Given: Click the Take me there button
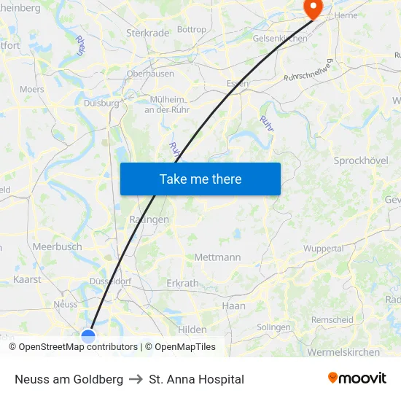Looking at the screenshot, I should tap(200, 179).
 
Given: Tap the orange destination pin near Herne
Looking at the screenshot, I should tap(313, 9).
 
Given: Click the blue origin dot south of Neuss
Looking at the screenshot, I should tap(88, 336).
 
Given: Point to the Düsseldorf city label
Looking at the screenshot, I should tap(109, 281).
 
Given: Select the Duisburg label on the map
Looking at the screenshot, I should tap(101, 104).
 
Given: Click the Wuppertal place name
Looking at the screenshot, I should tap(323, 249).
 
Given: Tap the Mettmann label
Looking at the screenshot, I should tap(217, 257).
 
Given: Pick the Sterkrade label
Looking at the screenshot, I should tap(147, 33).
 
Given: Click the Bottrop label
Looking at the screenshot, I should tap(192, 30).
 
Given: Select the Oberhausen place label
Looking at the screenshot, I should tap(150, 74).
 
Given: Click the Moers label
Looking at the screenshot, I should tap(31, 90).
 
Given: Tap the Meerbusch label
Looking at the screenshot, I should tap(57, 247).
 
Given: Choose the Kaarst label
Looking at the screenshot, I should tap(27, 279).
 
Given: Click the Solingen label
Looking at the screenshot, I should tap(273, 327).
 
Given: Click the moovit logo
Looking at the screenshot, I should tap(357, 378).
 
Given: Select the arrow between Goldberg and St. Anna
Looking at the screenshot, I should tap(136, 379).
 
